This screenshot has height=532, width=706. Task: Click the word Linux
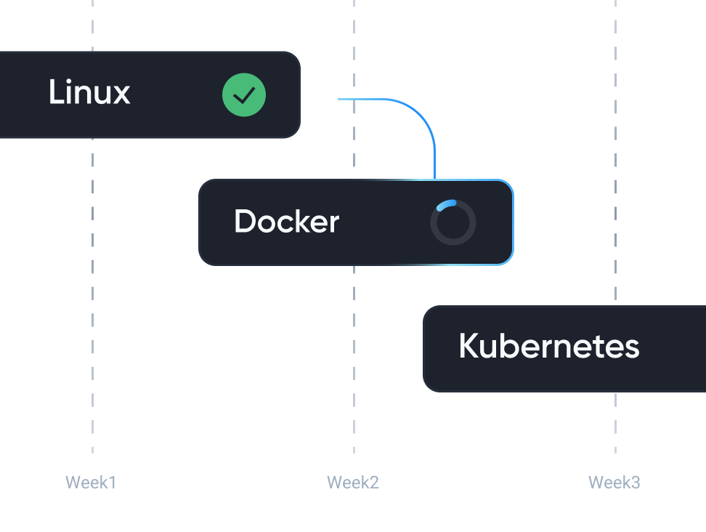tap(89, 92)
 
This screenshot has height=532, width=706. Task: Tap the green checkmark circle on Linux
tap(244, 95)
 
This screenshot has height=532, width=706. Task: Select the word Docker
tap(286, 221)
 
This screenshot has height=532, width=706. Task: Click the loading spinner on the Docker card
tap(453, 222)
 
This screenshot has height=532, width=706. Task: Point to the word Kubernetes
tap(549, 346)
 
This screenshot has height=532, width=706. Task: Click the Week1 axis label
tap(91, 483)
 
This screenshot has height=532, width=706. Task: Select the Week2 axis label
tap(353, 483)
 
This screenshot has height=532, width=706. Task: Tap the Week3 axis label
tap(614, 483)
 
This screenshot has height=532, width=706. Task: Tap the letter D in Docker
tap(246, 221)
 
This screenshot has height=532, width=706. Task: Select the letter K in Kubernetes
tap(470, 346)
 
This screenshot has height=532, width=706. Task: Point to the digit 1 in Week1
tap(113, 483)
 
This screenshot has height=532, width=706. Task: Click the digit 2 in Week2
tap(374, 483)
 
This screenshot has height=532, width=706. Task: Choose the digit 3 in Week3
tap(636, 483)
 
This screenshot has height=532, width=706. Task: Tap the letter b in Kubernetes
tap(516, 346)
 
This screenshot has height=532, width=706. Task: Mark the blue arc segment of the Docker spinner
tap(446, 204)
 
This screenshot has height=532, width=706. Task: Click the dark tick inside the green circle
tap(244, 95)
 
